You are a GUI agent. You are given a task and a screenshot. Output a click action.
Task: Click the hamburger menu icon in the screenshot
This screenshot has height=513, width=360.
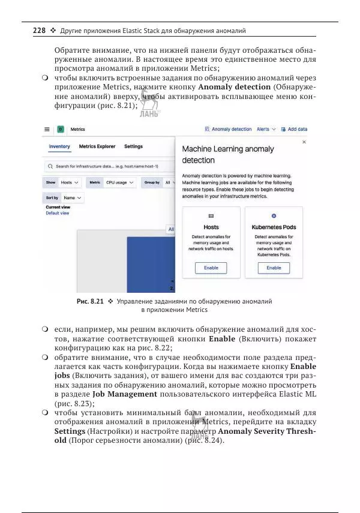[x=47, y=129]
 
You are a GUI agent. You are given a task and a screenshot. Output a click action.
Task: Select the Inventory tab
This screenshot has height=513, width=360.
[x=59, y=146]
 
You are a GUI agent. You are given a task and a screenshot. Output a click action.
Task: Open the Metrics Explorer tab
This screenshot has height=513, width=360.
[x=97, y=146]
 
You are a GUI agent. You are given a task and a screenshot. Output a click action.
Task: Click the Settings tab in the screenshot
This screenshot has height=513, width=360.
[x=133, y=146]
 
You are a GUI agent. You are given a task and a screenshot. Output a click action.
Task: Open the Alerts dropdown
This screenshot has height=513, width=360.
[x=266, y=129]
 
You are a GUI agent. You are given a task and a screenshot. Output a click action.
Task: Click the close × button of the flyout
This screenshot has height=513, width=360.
[x=304, y=142]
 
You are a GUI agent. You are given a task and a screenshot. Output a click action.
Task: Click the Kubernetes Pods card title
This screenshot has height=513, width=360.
[x=274, y=227]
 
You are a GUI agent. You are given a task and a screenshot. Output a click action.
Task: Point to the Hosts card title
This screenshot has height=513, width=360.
[x=211, y=227]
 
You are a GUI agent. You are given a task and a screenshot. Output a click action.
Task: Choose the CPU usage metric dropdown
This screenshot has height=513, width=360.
[x=119, y=182]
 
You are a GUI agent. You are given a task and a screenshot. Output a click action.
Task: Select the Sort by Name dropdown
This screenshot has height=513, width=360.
[x=72, y=197]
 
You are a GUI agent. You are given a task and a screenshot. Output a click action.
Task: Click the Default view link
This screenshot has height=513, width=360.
[x=58, y=213]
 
